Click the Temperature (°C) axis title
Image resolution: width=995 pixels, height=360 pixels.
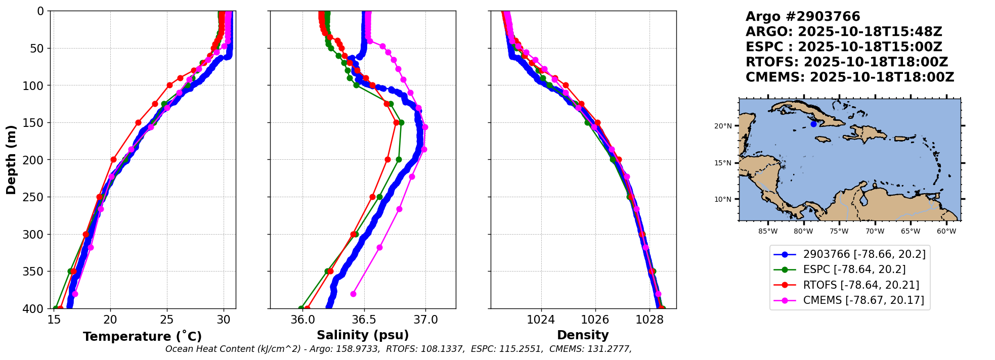142,336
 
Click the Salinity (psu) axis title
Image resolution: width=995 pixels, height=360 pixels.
363,335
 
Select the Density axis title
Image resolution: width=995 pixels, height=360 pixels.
583,335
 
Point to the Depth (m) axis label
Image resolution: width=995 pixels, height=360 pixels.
11,160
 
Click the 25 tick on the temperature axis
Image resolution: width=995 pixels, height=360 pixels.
167,320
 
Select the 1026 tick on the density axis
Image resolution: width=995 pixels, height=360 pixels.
595,320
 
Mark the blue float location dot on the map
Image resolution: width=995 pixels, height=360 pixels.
813,124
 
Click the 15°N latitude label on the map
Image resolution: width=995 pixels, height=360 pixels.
723,163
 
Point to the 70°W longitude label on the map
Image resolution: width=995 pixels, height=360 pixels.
875,232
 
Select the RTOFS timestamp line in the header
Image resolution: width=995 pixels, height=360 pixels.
847,62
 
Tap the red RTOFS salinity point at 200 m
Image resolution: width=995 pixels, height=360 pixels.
387,160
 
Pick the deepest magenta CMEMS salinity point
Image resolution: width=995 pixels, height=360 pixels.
353,294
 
